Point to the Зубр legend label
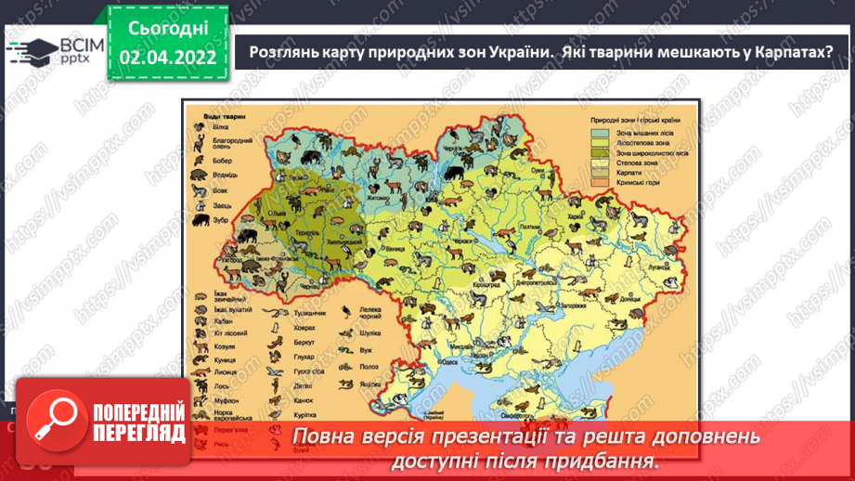220,221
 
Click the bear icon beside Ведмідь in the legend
199,174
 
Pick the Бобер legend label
222,159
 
